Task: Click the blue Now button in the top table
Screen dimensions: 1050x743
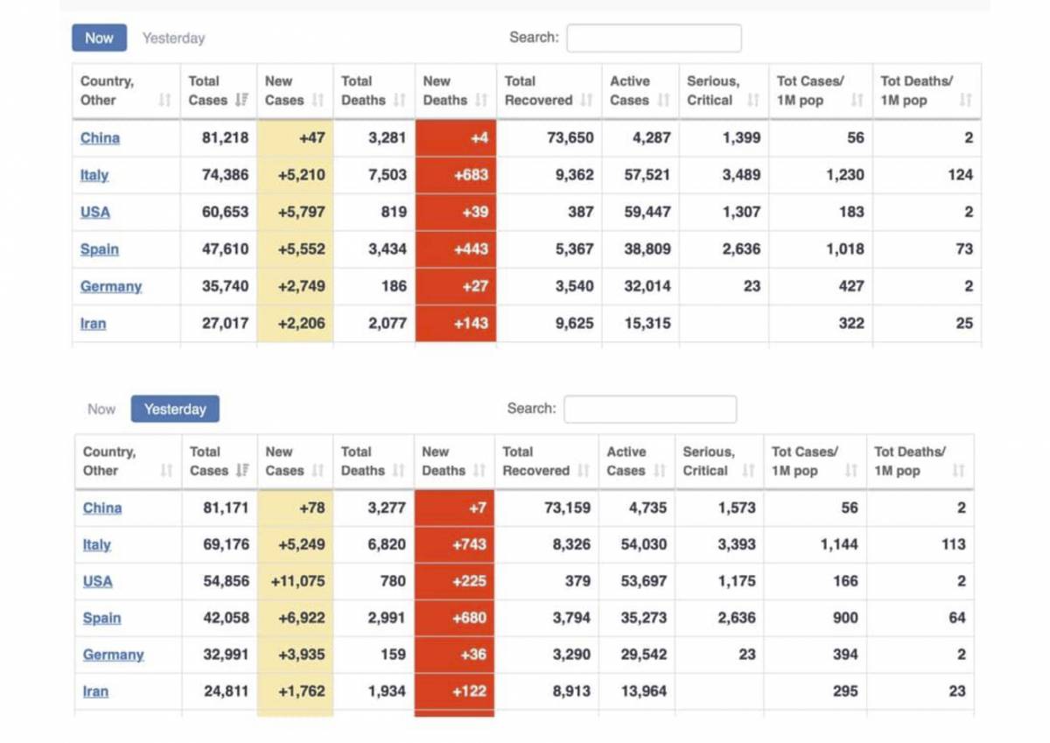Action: [x=99, y=38]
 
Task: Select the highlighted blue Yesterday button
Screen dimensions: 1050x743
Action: [x=175, y=409]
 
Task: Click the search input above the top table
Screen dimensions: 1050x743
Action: [x=654, y=38]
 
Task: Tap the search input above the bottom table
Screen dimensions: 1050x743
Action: [x=650, y=410]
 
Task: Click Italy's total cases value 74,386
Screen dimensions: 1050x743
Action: [x=225, y=175]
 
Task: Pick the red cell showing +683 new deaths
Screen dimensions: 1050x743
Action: [x=456, y=175]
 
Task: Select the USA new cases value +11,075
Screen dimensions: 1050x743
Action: [x=297, y=581]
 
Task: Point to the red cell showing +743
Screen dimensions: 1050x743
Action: [x=454, y=544]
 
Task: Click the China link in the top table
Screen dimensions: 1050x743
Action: [x=100, y=137]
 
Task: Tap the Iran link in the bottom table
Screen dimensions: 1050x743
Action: [x=95, y=691]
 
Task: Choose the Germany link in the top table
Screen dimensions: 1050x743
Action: [x=111, y=286]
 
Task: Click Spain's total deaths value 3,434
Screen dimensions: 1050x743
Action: [x=387, y=249]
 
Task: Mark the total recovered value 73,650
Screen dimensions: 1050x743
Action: [x=570, y=137]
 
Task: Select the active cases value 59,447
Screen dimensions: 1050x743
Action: [x=647, y=212]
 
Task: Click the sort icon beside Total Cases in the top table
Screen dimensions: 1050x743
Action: [x=241, y=100]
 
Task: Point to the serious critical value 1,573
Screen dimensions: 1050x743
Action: [x=737, y=508]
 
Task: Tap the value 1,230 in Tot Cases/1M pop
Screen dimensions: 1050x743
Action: [x=844, y=175]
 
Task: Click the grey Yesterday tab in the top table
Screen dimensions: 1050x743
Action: [x=173, y=38]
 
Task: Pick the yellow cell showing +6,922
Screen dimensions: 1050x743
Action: [x=301, y=618]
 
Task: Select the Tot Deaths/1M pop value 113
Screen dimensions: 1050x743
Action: [x=954, y=544]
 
